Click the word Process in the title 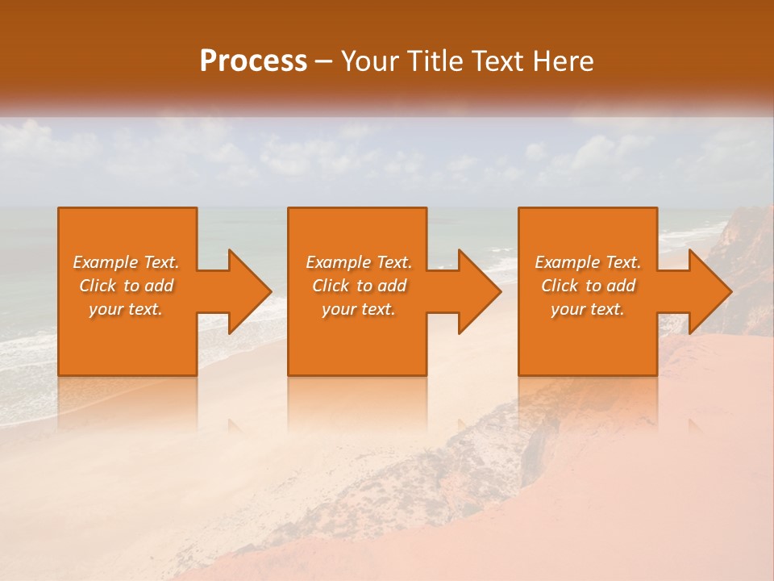(x=253, y=61)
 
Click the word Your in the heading (x=370, y=61)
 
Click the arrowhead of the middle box (x=479, y=291)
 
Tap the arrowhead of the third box (x=709, y=291)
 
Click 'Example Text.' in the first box (x=126, y=262)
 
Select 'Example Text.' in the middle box (x=359, y=262)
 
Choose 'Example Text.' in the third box (x=588, y=262)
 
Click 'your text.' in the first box (x=126, y=309)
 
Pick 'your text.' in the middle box (x=359, y=309)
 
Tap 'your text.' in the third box (x=588, y=309)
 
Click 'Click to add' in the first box (x=126, y=286)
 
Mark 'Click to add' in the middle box (x=359, y=286)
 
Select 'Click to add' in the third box (x=588, y=286)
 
